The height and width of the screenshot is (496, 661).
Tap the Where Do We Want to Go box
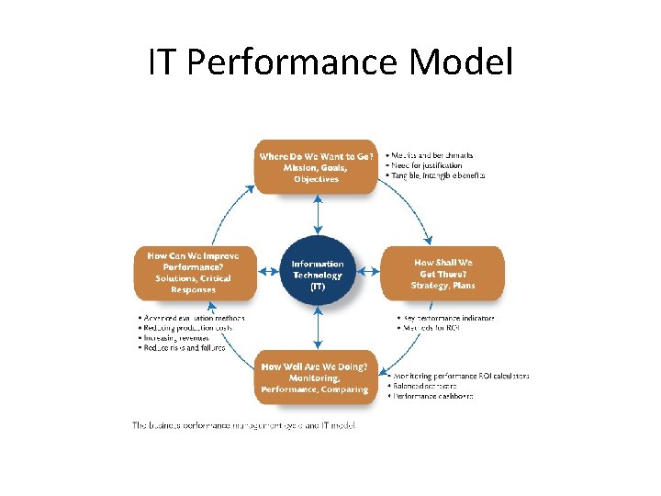(x=317, y=167)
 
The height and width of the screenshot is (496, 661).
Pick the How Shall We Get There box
(x=443, y=273)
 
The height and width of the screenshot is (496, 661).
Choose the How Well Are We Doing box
(x=315, y=378)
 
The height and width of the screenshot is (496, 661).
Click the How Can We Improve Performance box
(x=194, y=273)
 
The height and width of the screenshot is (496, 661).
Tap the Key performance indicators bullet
(x=446, y=319)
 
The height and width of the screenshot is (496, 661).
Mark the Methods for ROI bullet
(x=427, y=329)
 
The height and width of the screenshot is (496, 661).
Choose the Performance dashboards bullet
(x=432, y=396)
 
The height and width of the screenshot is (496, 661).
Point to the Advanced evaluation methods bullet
(x=192, y=318)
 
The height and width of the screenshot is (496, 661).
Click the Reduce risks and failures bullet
(x=183, y=348)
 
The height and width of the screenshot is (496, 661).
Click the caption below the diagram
(x=243, y=425)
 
